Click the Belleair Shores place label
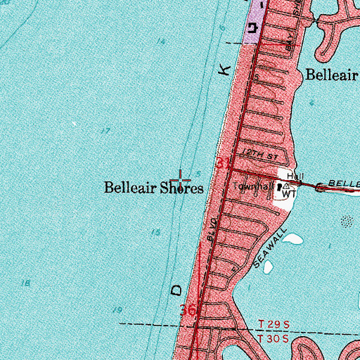click(154, 188)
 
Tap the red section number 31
click(223, 164)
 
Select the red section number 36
click(188, 310)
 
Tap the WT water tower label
click(289, 192)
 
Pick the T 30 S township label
click(271, 340)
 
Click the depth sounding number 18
click(26, 283)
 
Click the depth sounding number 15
click(155, 232)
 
